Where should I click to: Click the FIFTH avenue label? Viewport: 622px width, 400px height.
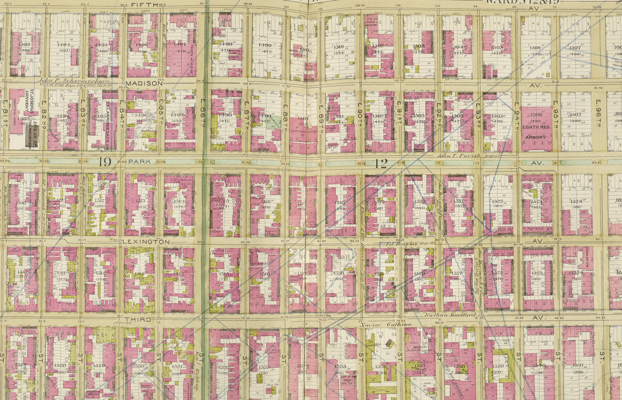tap(145, 5)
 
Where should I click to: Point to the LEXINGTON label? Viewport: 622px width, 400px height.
tap(145, 242)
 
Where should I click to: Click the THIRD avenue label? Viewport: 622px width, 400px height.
tap(137, 319)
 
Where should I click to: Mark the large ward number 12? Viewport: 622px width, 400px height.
tap(381, 162)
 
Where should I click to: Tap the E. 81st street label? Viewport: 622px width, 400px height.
tap(5, 119)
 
